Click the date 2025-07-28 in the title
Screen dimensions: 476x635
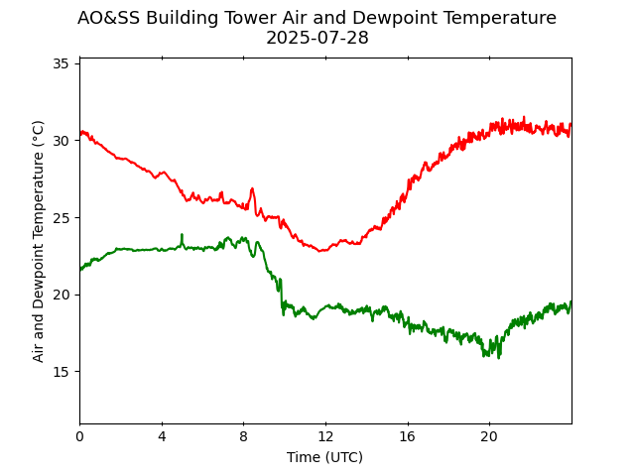(317, 39)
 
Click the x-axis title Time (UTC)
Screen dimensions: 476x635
(324, 457)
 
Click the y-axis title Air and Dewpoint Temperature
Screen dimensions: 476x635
(39, 241)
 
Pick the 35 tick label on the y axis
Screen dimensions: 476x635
(60, 63)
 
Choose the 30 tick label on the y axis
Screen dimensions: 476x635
(60, 141)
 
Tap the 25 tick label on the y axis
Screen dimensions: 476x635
(60, 217)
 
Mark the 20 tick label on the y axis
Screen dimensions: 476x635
(60, 295)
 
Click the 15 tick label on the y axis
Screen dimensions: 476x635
(60, 371)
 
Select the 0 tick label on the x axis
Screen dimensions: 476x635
(79, 436)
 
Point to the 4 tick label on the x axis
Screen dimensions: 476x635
(162, 436)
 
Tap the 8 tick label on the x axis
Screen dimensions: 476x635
(243, 436)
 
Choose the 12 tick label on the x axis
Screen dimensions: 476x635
(325, 436)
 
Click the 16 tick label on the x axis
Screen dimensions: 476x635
(407, 436)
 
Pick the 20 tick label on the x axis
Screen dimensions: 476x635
(489, 436)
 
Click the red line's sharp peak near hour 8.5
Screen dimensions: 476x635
(252, 188)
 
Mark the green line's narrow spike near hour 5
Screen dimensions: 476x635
(182, 235)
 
